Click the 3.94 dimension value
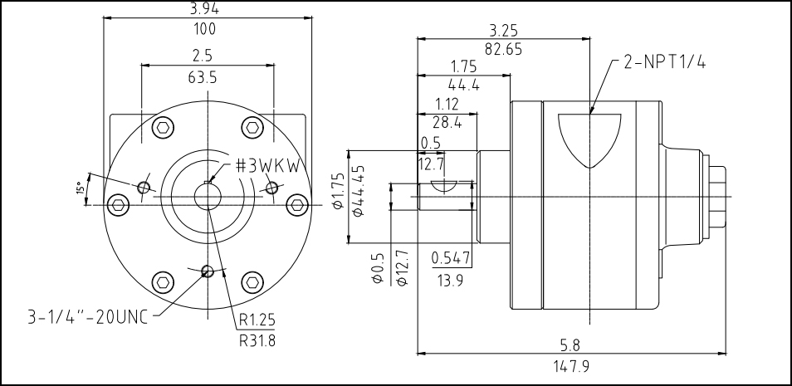click(x=204, y=8)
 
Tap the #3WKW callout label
click(x=266, y=164)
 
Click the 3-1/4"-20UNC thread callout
click(x=86, y=315)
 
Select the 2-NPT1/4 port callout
click(x=664, y=63)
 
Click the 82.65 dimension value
click(x=503, y=49)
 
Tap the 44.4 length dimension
click(x=464, y=84)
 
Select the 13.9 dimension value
click(x=451, y=280)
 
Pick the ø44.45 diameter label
click(x=359, y=190)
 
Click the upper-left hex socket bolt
click(x=164, y=128)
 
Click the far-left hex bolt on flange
click(x=119, y=204)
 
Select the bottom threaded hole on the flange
click(x=208, y=271)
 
